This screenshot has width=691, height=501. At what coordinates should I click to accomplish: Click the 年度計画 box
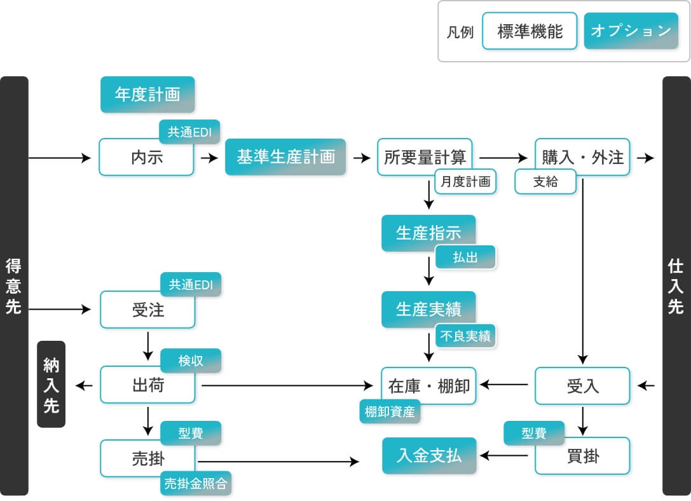pos(147,95)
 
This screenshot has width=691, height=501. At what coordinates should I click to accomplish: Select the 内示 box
pos(146,157)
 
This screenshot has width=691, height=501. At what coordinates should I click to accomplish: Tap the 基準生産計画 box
pos(285,157)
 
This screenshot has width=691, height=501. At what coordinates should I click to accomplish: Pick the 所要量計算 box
pos(424,156)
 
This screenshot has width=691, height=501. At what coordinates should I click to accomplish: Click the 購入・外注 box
pos(582,156)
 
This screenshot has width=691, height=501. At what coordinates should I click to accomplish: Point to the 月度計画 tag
pos(465,182)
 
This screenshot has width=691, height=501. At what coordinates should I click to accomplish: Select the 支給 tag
pos(545,182)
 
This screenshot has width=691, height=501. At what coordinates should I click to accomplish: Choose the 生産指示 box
pos(428,233)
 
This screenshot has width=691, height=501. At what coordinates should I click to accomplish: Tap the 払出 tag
pos(465,257)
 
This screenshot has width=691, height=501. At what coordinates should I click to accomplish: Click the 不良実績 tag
pos(465,336)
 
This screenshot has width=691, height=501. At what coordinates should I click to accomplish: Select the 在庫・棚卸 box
pos(429,385)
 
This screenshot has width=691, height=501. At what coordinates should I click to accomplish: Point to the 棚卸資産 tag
pos(390,411)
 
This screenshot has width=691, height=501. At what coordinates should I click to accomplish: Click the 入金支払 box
pos(429,455)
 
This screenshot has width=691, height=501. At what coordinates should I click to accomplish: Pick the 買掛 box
pos(582,455)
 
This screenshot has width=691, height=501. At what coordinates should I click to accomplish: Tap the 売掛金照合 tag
pos(196,483)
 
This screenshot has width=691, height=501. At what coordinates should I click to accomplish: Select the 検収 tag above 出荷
pos(191,360)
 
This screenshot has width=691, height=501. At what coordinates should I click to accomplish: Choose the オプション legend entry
pos(631,31)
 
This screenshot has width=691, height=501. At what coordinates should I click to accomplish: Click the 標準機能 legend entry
pos(530,31)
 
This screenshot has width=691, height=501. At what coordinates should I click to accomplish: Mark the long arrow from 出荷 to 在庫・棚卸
pos(286,385)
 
